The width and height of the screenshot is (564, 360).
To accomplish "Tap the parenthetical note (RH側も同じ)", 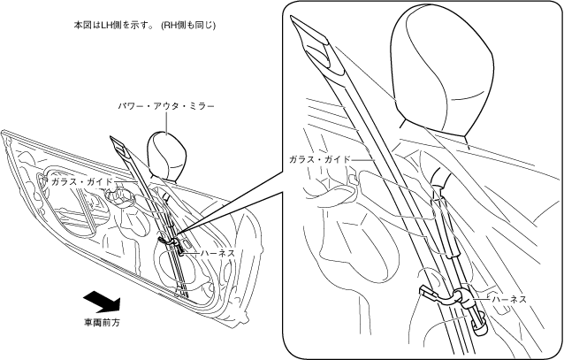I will tap(188, 26).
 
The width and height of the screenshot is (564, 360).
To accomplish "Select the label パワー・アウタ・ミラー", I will tap(167, 106).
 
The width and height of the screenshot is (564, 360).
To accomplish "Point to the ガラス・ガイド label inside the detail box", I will tap(320, 160).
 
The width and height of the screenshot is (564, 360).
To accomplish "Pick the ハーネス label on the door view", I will tap(217, 253).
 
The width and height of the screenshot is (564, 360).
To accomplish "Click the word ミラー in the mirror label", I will tap(202, 106).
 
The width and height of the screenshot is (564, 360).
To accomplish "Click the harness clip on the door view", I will tap(167, 239).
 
